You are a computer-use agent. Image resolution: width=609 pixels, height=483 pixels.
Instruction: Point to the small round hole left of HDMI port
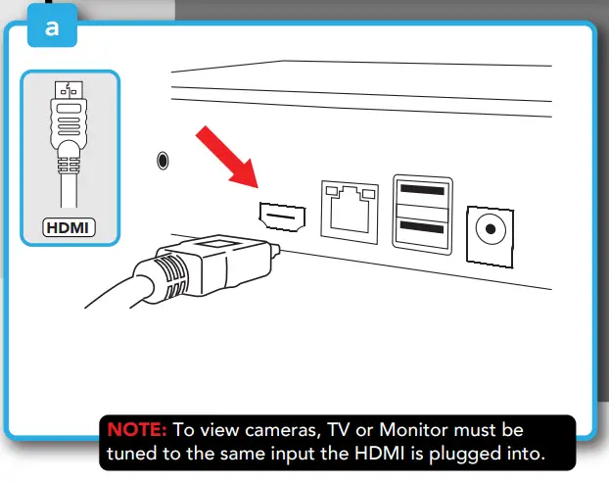(x=162, y=158)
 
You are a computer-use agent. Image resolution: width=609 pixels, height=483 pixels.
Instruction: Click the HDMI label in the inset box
(x=69, y=228)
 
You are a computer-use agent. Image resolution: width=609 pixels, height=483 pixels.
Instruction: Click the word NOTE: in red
(x=138, y=430)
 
